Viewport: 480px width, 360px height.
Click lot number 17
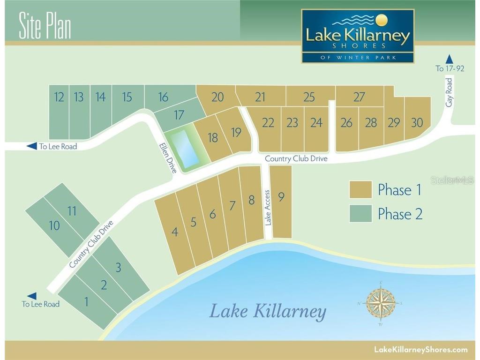(179, 115)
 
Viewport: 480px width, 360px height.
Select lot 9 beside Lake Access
(281, 197)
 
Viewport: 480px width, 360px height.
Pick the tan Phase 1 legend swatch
(360, 190)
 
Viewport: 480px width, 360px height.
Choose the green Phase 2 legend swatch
(360, 214)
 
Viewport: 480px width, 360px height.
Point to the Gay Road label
(450, 92)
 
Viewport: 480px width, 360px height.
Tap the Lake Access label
(268, 208)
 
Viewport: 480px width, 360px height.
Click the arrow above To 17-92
(450, 59)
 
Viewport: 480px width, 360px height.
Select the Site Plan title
(45, 26)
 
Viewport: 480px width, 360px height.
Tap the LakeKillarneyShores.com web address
(420, 349)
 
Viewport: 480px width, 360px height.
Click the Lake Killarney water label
(267, 311)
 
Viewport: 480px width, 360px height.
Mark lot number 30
(417, 122)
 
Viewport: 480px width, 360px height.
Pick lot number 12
(59, 97)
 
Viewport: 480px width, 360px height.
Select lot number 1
(86, 302)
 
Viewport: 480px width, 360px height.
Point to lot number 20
(217, 97)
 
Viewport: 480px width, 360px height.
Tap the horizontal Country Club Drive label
(296, 158)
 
